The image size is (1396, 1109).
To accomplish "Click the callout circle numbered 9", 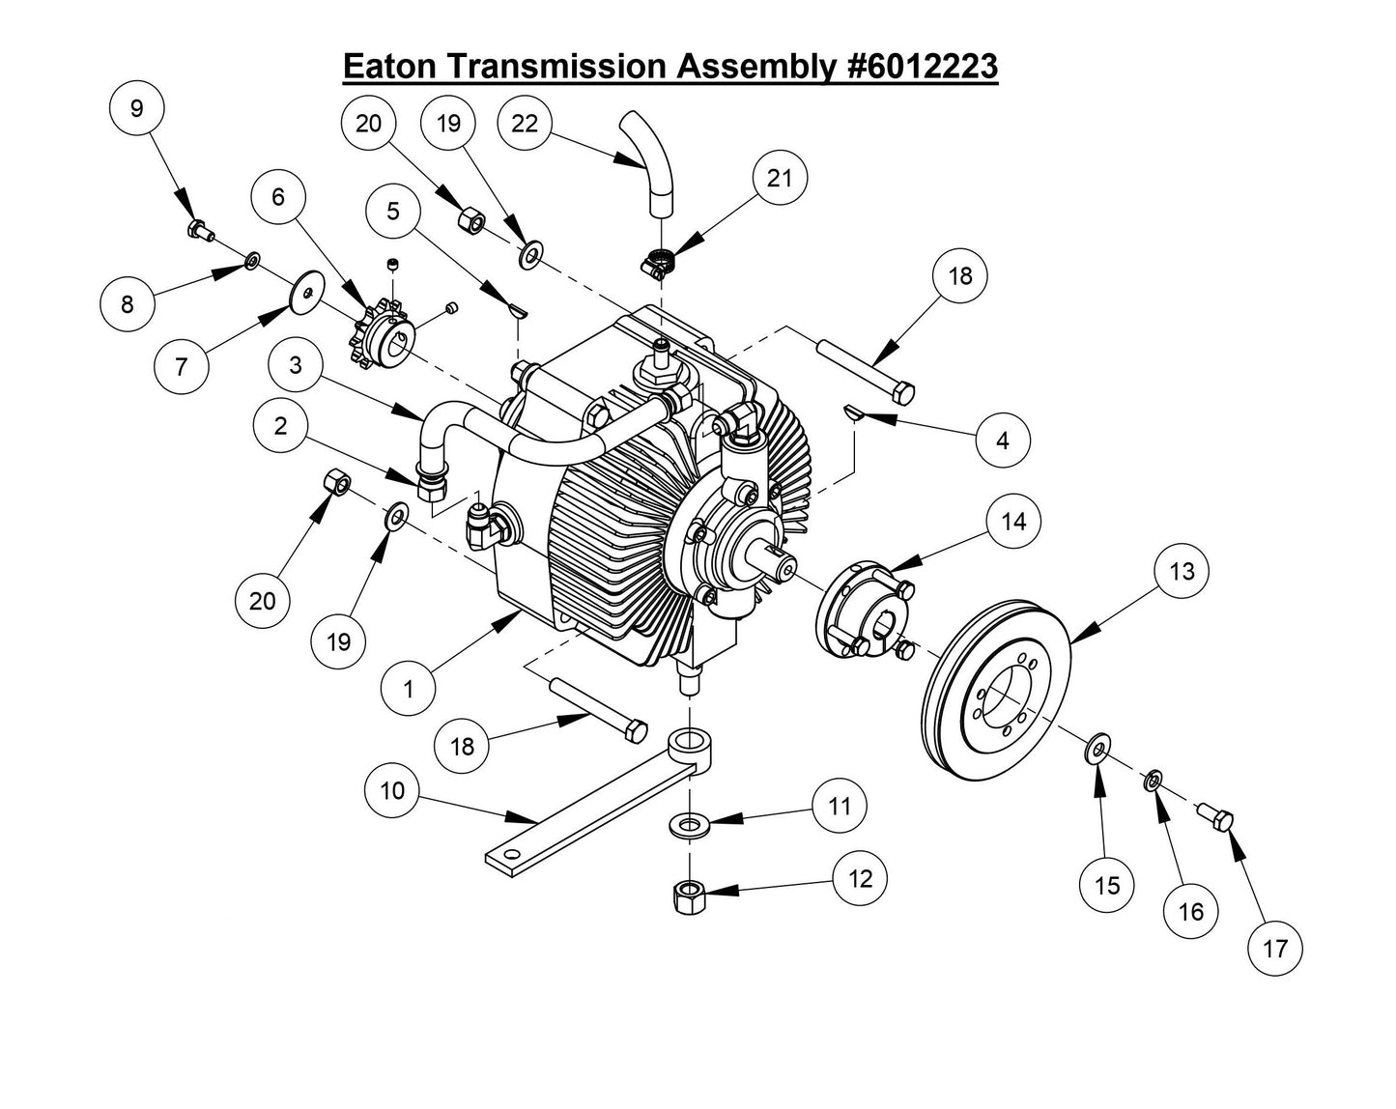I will (x=136, y=108).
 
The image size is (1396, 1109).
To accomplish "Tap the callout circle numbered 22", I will (x=525, y=124).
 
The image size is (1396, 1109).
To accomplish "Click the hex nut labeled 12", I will (x=688, y=897).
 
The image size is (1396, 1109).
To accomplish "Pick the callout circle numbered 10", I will (x=392, y=791).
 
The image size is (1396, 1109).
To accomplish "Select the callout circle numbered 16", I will (x=1191, y=911).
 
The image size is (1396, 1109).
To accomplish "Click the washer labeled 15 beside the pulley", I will (x=1098, y=748).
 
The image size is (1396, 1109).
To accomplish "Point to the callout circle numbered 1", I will (x=408, y=690).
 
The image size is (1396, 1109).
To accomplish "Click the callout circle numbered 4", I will (x=1003, y=441).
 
